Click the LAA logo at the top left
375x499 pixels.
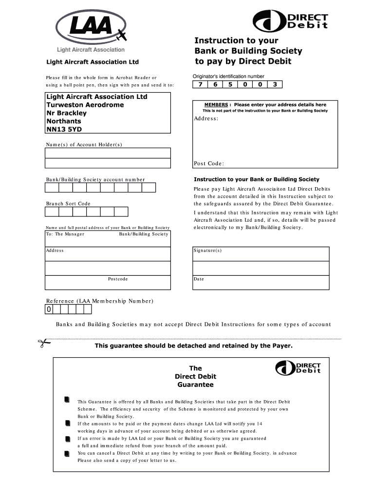pos(90,30)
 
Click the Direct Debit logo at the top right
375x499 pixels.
pos(290,21)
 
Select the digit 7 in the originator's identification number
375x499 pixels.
pos(200,84)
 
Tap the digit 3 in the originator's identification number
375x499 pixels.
pos(275,84)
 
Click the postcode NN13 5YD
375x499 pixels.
pos(64,129)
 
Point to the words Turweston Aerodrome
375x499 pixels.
pos(85,105)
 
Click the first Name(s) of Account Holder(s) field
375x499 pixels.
pos(108,153)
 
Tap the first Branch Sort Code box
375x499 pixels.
pos(52,211)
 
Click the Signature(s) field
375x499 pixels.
pos(261,254)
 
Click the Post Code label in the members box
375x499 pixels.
pos(208,164)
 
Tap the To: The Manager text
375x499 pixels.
pos(65,234)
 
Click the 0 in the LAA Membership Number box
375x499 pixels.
pos(49,310)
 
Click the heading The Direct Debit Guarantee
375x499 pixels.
pos(195,377)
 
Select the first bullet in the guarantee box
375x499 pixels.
pos(67,401)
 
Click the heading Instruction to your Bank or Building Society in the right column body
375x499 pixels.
pos(256,179)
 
